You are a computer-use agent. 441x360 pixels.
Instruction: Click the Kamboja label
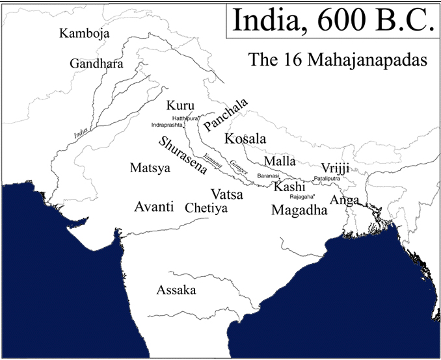click(84, 34)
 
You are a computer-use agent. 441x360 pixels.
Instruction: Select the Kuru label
click(180, 105)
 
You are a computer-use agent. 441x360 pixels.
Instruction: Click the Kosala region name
click(245, 138)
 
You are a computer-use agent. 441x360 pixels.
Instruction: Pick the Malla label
click(280, 161)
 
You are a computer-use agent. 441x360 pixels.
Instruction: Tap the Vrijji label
click(336, 168)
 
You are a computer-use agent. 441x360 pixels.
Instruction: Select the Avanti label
click(154, 207)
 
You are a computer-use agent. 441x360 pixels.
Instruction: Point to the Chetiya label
click(206, 209)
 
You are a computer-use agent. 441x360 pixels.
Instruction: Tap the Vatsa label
click(227, 194)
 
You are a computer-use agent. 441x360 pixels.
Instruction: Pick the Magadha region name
click(299, 210)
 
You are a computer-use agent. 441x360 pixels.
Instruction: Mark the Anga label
click(344, 201)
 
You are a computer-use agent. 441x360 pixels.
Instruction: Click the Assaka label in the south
click(176, 290)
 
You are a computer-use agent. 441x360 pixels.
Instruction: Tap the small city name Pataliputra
click(327, 177)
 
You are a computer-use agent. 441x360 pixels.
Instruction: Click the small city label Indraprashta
click(167, 124)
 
